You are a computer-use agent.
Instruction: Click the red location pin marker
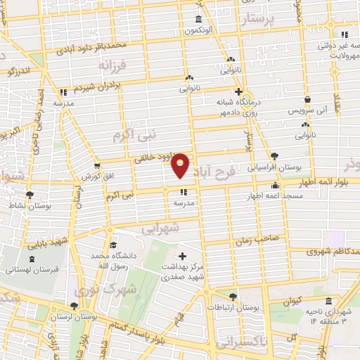[x=181, y=165]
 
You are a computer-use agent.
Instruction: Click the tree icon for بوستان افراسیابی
[x=274, y=156]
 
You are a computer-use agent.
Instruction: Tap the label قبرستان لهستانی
[x=32, y=269]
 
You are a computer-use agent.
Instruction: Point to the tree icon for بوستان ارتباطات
[x=233, y=296]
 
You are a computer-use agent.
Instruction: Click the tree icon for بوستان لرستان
[x=74, y=305]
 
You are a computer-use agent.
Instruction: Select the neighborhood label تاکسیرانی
[x=237, y=342]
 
